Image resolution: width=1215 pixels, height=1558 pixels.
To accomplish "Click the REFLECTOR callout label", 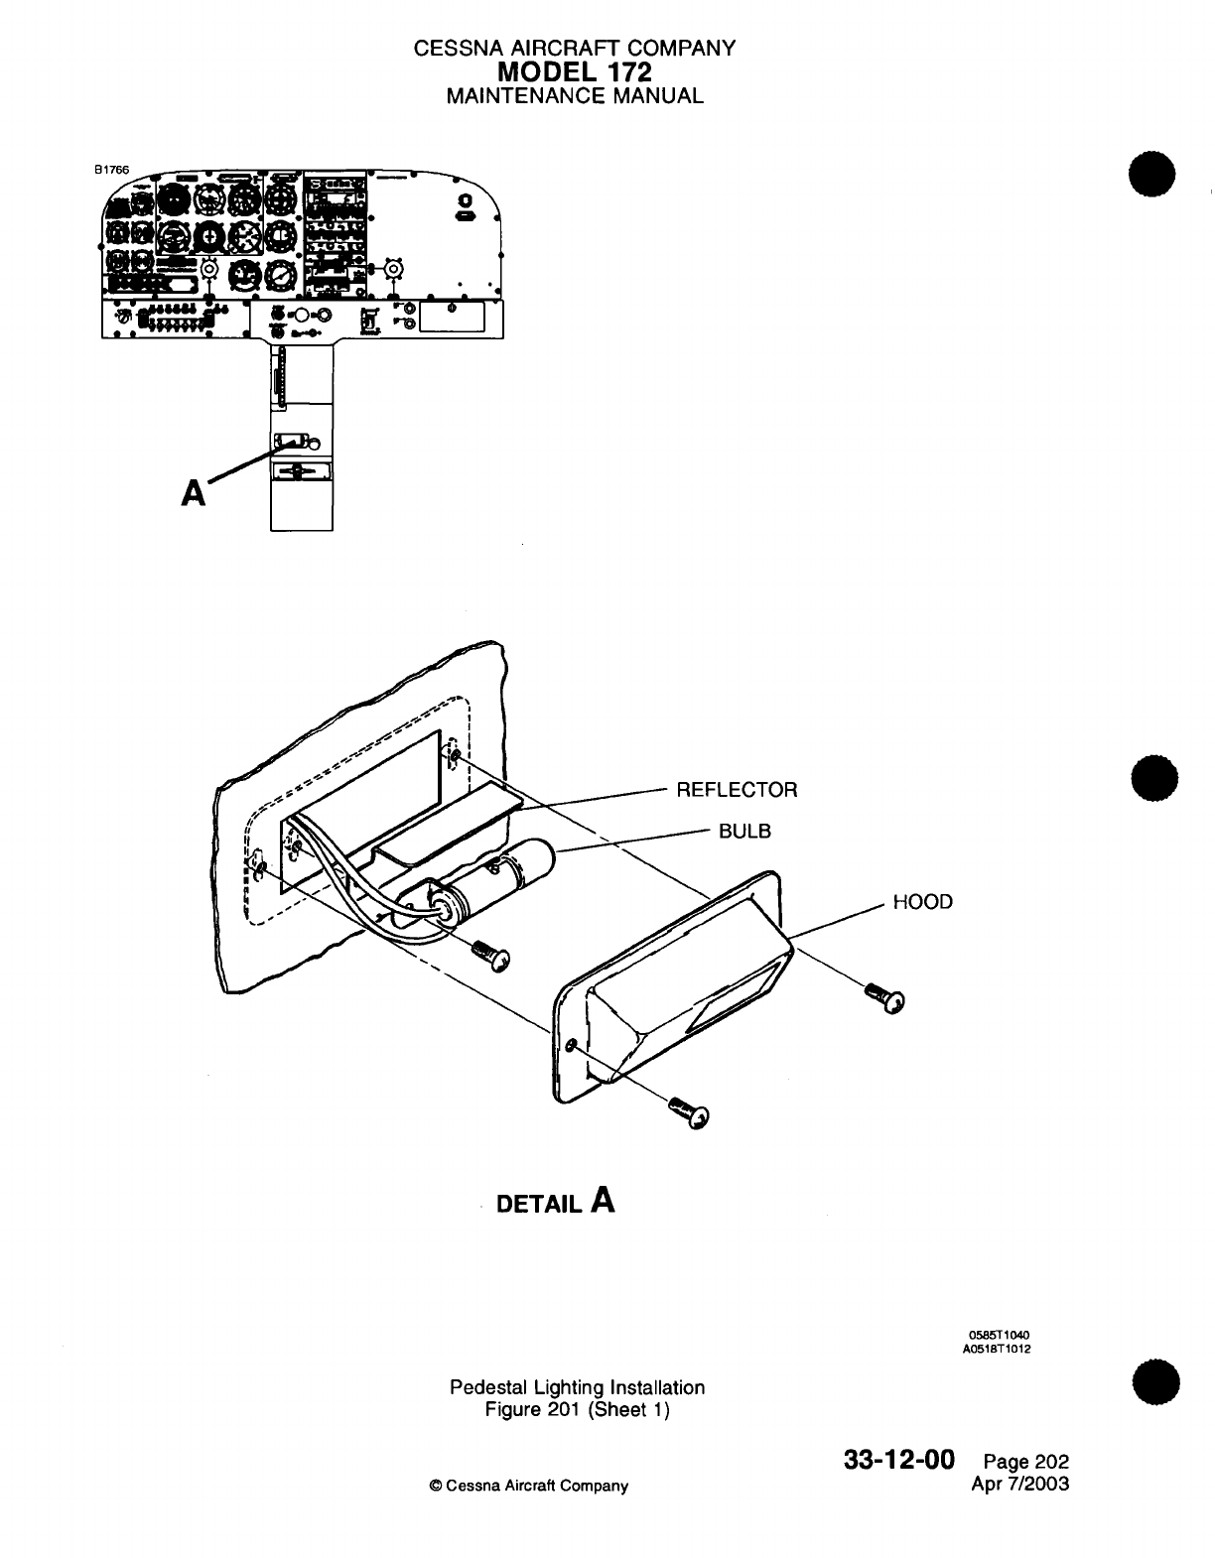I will point(736,790).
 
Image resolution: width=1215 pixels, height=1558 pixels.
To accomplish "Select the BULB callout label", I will point(744,831).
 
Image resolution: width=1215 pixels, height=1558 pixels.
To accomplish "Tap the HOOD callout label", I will point(922,902).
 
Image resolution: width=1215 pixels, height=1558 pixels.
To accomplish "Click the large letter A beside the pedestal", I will point(194,491).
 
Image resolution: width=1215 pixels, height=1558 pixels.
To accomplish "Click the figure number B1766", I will point(111,170).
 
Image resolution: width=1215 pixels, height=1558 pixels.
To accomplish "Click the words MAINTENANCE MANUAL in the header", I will point(575,96).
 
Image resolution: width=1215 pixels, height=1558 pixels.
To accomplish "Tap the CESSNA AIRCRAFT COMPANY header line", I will point(575,48).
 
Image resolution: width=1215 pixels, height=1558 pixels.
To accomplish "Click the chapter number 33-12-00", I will point(898,1461).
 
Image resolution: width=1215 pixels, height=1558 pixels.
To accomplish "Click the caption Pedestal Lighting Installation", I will point(577,1387).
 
